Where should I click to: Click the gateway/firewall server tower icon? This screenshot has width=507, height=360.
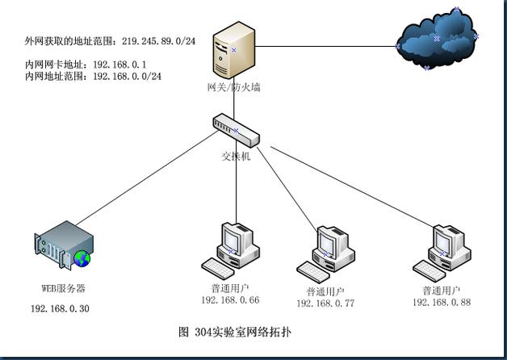[234, 50]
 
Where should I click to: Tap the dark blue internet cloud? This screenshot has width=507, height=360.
[437, 39]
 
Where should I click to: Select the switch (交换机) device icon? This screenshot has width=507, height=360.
[236, 130]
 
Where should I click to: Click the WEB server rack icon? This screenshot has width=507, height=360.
[64, 245]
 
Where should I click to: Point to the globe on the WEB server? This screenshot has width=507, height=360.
[82, 258]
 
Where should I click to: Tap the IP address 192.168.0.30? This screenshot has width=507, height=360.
[60, 308]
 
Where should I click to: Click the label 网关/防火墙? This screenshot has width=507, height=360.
[234, 87]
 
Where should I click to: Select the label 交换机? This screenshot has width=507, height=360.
[236, 156]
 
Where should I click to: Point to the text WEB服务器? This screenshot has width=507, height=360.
[63, 288]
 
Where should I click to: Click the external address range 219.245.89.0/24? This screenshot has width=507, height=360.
[159, 41]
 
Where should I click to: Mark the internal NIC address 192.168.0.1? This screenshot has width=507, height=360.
[119, 65]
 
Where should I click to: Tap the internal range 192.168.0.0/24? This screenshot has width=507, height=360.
[127, 76]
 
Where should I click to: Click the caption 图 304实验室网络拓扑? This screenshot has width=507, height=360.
[235, 333]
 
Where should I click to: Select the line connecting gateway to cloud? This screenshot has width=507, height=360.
[326, 46]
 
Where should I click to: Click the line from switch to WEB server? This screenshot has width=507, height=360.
[147, 178]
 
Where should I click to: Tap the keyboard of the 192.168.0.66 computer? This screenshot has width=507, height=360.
[218, 268]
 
